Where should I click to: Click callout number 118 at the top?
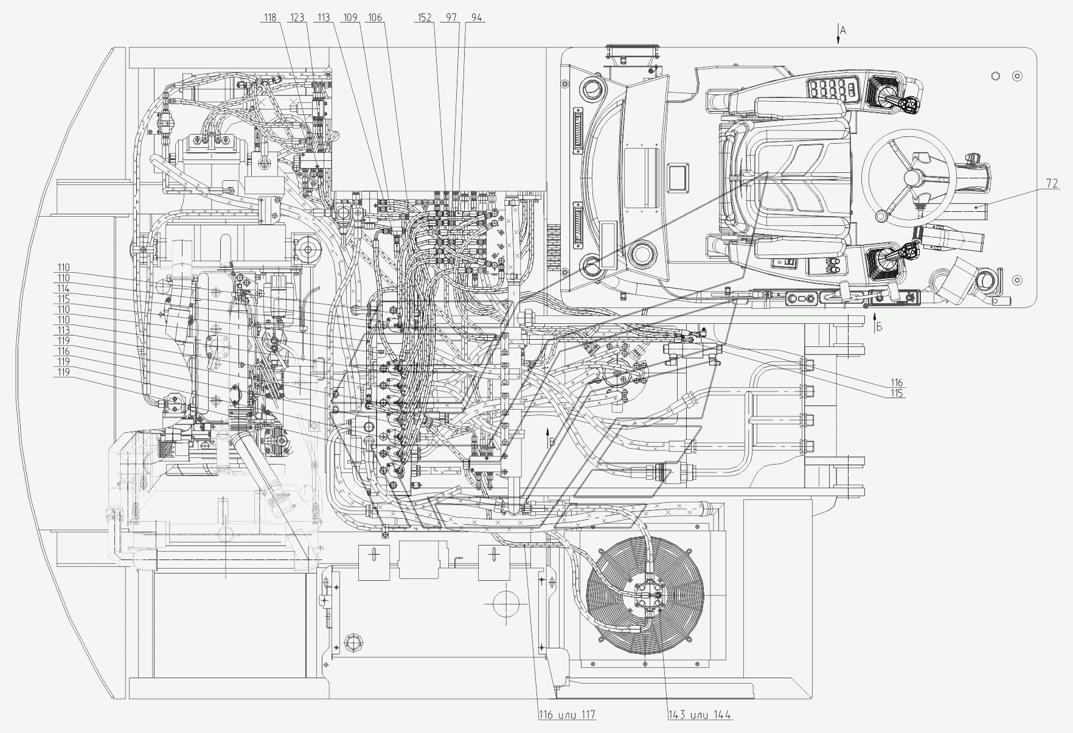tap(270, 18)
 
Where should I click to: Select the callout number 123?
tap(297, 18)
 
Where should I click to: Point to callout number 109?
tap(350, 18)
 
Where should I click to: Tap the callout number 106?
tap(375, 18)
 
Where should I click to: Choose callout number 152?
tap(425, 18)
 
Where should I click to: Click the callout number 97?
tap(451, 18)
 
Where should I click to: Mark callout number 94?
tap(476, 18)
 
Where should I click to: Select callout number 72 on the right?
tap(1052, 183)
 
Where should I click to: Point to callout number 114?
tap(63, 289)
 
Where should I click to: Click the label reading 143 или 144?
tap(700, 715)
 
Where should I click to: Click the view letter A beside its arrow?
tap(843, 30)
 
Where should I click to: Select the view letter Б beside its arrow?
tap(879, 327)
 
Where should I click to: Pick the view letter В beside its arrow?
tap(552, 443)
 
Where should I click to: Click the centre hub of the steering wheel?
tap(911, 178)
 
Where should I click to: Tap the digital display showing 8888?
tap(831, 90)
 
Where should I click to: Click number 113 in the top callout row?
tap(323, 18)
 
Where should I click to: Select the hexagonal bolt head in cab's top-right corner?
tap(996, 75)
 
